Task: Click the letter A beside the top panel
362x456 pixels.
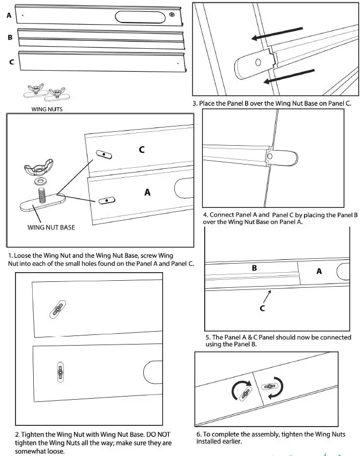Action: (x=9, y=16)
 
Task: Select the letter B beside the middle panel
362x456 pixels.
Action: (x=10, y=38)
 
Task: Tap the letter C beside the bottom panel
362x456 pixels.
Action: (x=11, y=62)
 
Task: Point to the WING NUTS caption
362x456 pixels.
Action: (x=48, y=109)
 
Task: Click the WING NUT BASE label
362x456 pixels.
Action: (x=51, y=227)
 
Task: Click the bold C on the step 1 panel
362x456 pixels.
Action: (x=142, y=149)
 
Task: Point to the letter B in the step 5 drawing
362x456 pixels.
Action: (x=255, y=267)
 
